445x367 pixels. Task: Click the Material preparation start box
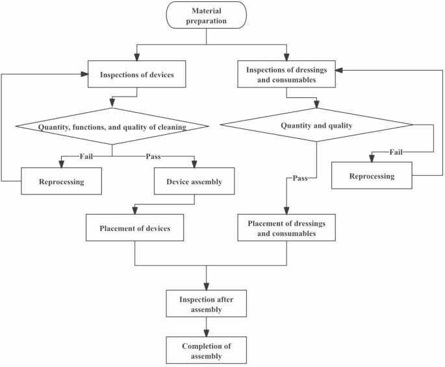coord(206,16)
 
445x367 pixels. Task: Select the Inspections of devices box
coord(136,75)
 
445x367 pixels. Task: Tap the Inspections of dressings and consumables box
coord(286,75)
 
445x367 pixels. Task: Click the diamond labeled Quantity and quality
coord(316,126)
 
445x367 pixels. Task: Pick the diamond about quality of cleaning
coord(112,127)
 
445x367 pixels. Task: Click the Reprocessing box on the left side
coord(62,181)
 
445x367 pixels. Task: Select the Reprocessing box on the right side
coord(371,176)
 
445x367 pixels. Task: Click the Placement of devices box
coord(135,228)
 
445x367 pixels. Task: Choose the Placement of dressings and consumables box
coord(286,228)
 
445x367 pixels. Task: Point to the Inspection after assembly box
coord(206,304)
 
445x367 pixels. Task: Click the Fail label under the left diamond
coord(86,156)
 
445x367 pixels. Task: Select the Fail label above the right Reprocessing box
coord(396,152)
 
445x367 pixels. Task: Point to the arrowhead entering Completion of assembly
coord(206,333)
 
